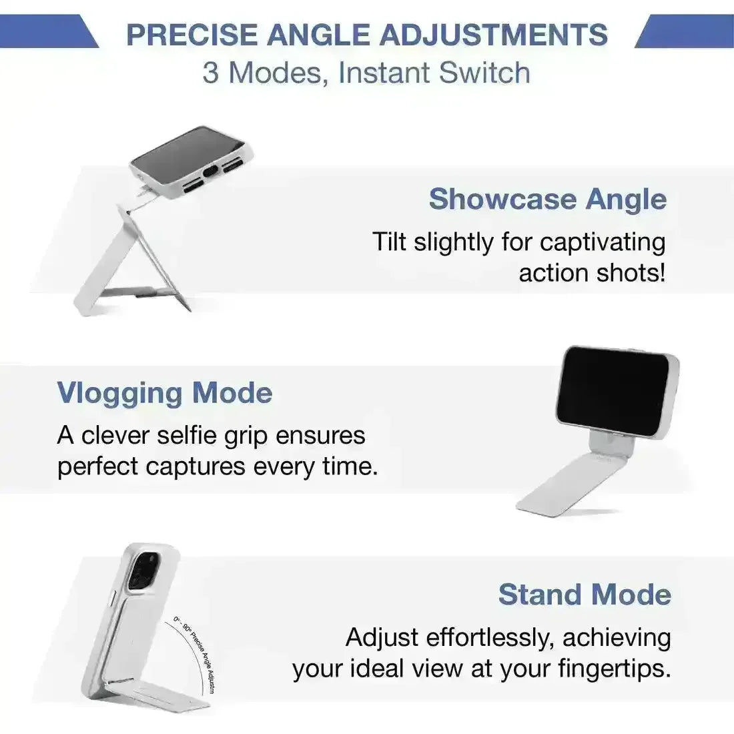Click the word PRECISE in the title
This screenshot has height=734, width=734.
[192, 35]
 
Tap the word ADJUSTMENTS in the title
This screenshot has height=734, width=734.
[493, 35]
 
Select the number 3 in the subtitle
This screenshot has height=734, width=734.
[210, 73]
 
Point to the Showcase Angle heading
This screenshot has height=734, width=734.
[548, 199]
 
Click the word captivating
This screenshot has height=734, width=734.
[603, 243]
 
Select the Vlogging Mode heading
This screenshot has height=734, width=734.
[164, 394]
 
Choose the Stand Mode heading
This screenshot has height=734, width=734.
[585, 595]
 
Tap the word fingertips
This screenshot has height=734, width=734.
[614, 669]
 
